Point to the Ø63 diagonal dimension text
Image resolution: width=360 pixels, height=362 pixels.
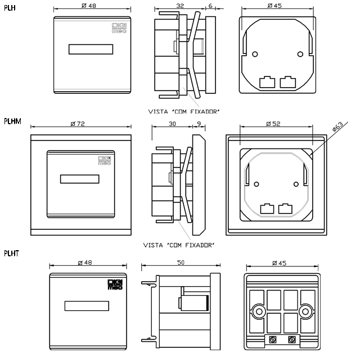[x=339, y=128]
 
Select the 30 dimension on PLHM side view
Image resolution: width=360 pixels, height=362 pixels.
[x=172, y=124]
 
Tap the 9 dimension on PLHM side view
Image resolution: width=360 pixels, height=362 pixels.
[x=199, y=124]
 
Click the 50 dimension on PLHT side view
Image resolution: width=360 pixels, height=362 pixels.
[x=180, y=262]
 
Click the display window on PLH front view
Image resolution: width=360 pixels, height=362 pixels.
[x=91, y=49]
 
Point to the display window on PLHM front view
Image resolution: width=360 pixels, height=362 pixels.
[x=79, y=180]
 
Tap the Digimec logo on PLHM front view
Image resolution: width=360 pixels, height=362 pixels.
[x=105, y=161]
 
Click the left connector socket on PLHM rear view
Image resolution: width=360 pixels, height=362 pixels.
[x=267, y=208]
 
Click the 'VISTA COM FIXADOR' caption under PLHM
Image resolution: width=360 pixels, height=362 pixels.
[x=180, y=245]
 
